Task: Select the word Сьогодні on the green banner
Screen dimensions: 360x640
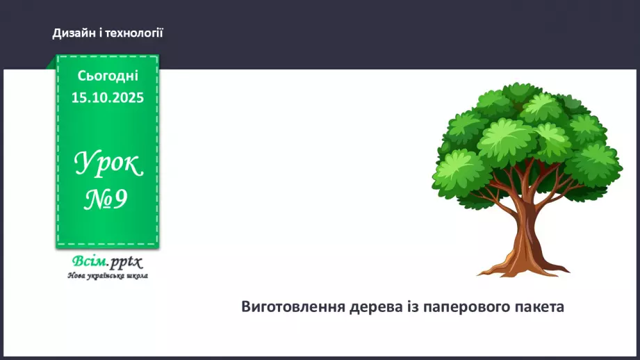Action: [108, 75]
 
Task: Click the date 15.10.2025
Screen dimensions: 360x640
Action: [108, 97]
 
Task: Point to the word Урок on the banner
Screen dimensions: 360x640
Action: [108, 164]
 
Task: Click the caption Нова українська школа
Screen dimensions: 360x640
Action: [108, 275]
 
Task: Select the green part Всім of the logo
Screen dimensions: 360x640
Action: [89, 262]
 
